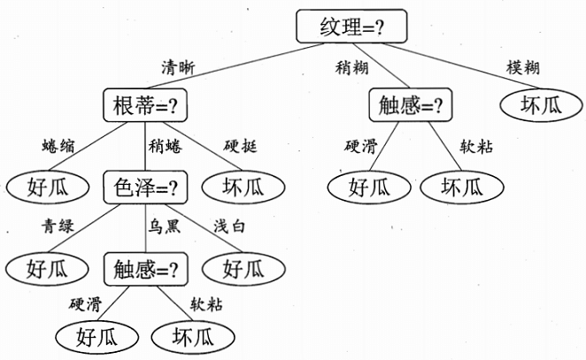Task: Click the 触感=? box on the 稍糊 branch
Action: click(x=410, y=106)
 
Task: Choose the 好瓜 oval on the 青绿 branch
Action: click(x=47, y=266)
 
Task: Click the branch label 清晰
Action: click(x=177, y=67)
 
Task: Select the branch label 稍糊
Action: click(x=351, y=67)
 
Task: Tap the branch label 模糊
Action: click(x=522, y=67)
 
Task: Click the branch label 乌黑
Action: click(x=165, y=226)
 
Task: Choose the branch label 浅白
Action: click(x=230, y=226)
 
